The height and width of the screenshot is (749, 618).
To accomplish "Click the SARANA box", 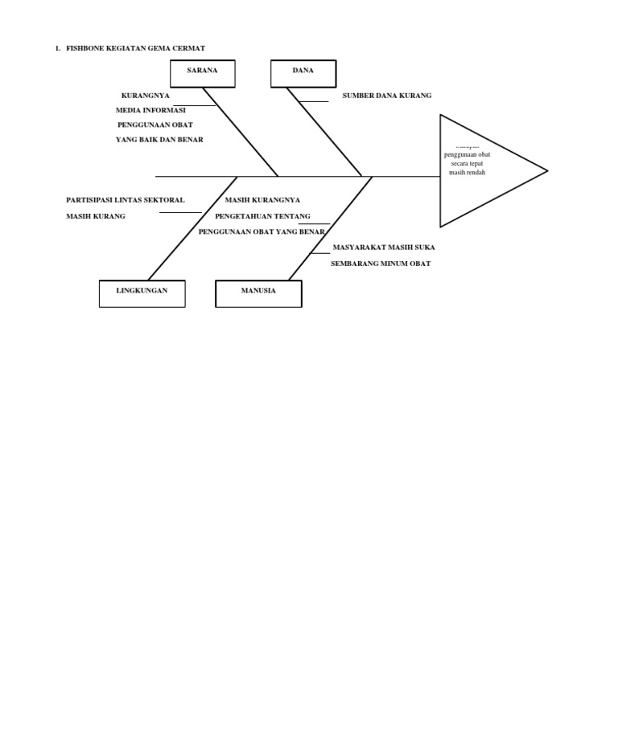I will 203,72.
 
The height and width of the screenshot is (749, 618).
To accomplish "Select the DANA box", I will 303,72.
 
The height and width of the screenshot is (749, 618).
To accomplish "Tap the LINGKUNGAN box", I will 142,293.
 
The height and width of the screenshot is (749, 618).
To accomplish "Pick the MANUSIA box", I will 258,293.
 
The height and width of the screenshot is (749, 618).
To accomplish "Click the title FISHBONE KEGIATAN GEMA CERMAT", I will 135,48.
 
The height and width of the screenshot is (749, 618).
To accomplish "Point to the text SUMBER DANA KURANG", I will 387,96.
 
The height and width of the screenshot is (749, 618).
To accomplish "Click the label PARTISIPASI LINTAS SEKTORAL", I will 126,200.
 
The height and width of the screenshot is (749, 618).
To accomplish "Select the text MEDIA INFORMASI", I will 150,110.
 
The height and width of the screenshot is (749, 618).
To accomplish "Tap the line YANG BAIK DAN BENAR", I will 159,140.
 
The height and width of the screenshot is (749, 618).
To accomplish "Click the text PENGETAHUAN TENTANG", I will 252,216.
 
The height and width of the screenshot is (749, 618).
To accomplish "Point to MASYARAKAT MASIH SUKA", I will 383,248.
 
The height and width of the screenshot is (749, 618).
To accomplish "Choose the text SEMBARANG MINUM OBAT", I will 381,264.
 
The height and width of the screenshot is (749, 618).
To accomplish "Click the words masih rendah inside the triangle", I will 467,172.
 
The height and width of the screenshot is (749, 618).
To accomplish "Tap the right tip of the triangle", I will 546,170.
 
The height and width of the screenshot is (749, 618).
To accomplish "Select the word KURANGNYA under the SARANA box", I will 146,96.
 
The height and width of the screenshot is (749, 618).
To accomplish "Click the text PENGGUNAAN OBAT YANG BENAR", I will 262,231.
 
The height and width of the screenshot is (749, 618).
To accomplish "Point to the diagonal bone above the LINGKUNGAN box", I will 193,228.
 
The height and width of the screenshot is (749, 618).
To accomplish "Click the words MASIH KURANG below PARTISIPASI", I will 96,216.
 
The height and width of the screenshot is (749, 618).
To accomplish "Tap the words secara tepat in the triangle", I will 467,163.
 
